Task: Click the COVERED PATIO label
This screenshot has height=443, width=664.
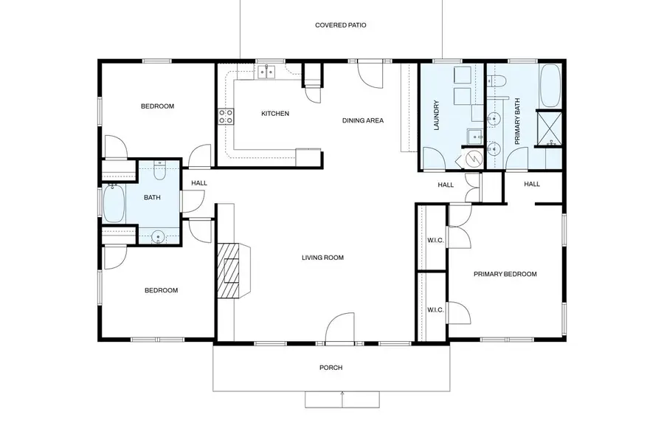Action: pos(340,25)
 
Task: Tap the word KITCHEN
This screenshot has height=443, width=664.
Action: pos(274,114)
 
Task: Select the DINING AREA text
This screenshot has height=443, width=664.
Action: pos(362,120)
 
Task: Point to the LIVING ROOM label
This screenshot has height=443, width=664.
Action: pos(322,258)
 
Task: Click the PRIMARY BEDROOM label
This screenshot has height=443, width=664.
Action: pos(505,274)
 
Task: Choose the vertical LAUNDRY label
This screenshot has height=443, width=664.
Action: pos(437,116)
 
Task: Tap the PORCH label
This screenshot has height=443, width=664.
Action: pos(331,368)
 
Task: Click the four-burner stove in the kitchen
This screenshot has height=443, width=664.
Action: pos(226,116)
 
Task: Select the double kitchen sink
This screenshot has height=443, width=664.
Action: pos(266,72)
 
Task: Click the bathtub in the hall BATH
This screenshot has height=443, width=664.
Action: pos(114,205)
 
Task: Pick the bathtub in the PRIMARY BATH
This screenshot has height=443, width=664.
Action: pos(550,86)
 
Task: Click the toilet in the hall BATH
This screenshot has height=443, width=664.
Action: pos(159,171)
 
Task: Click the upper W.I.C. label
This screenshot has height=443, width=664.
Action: pos(435,239)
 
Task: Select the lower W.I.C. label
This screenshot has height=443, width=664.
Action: pos(435,309)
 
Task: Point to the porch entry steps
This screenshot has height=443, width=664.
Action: pos(342,399)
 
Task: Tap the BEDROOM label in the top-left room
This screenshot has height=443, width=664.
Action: pos(157,106)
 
